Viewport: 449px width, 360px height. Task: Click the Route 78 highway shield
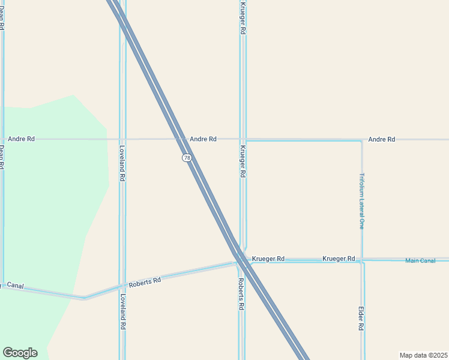(x=187, y=158)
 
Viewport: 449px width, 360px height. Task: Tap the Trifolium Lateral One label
(x=362, y=201)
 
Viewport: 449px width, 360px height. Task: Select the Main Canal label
(x=420, y=260)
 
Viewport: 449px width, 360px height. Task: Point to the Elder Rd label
(x=361, y=319)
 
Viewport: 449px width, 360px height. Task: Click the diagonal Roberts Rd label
(x=145, y=281)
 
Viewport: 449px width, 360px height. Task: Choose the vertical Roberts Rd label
(x=241, y=293)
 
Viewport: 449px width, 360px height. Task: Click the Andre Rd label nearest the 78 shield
(x=203, y=139)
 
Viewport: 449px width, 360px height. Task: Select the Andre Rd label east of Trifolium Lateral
(x=382, y=139)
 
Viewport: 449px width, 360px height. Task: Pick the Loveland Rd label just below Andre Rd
(x=122, y=163)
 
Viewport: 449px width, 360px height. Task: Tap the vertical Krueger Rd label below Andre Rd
(x=243, y=161)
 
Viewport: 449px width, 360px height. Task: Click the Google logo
(x=20, y=353)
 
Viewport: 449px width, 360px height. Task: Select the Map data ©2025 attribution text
(x=423, y=355)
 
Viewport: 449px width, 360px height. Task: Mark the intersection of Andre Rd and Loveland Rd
(x=122, y=139)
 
